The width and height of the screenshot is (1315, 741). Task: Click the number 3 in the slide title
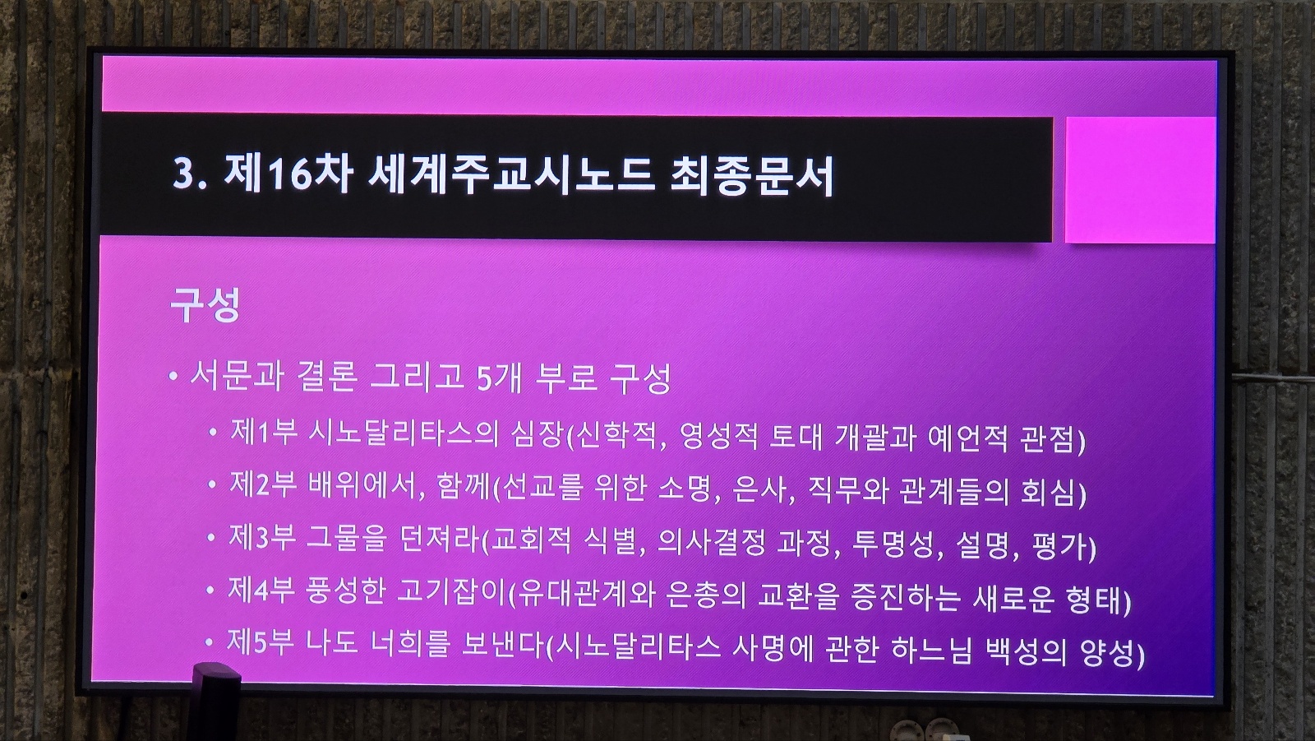183,174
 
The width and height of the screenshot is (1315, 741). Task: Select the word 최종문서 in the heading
752,176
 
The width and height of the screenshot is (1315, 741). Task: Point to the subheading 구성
205,305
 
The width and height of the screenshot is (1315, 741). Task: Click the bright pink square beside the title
1140,180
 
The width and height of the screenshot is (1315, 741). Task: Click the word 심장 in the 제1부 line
538,435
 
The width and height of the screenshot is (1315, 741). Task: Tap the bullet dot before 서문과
173,376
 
